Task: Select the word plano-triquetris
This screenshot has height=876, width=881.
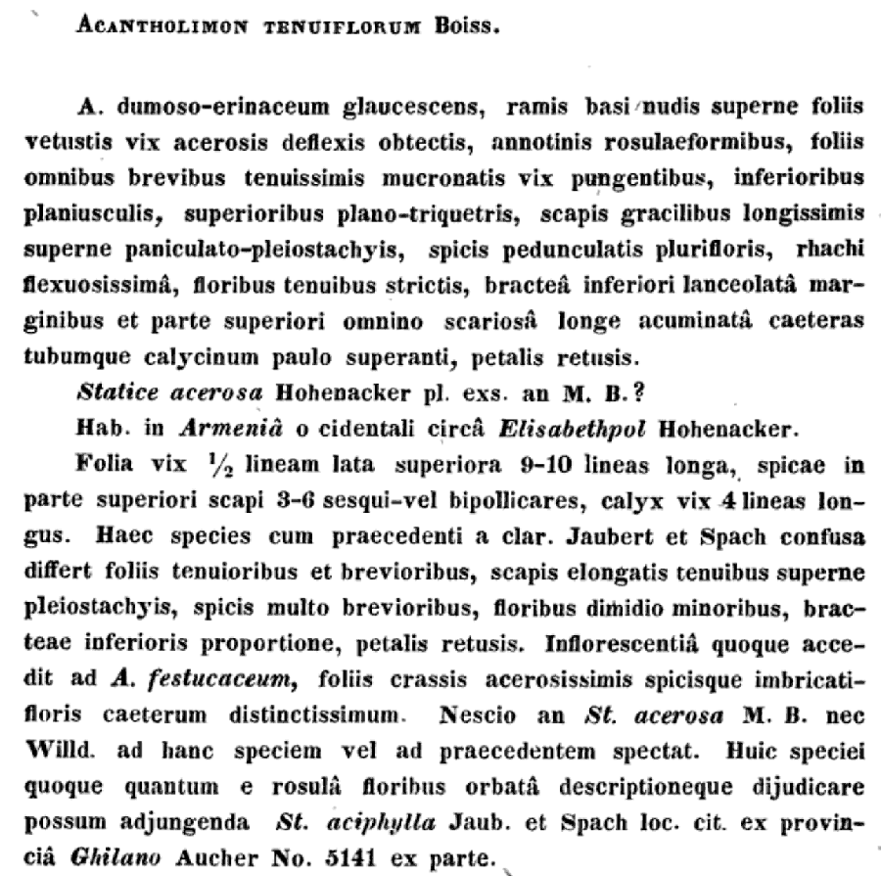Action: point(433,212)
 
